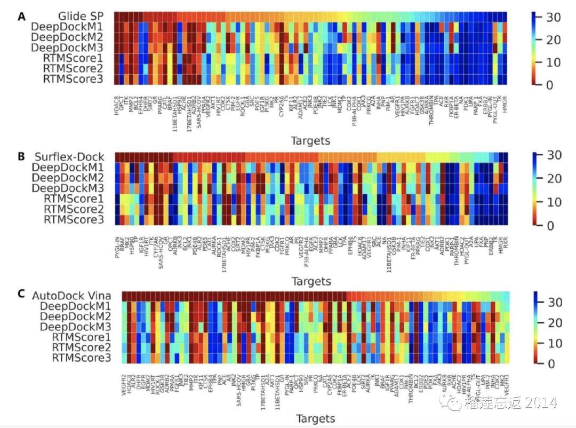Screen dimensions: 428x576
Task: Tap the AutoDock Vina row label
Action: pyautogui.click(x=78, y=295)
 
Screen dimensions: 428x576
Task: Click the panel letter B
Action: pyautogui.click(x=21, y=156)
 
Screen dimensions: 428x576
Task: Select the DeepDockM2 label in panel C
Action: pyautogui.click(x=75, y=316)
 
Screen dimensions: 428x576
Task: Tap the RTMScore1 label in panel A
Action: pyautogui.click(x=73, y=58)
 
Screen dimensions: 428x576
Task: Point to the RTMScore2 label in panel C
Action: pyautogui.click(x=81, y=347)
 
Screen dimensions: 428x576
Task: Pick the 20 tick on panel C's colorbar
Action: pyautogui.click(x=555, y=323)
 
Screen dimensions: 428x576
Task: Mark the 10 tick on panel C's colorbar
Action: pyautogui.click(x=555, y=343)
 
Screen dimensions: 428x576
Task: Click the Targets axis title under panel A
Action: pyautogui.click(x=310, y=141)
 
